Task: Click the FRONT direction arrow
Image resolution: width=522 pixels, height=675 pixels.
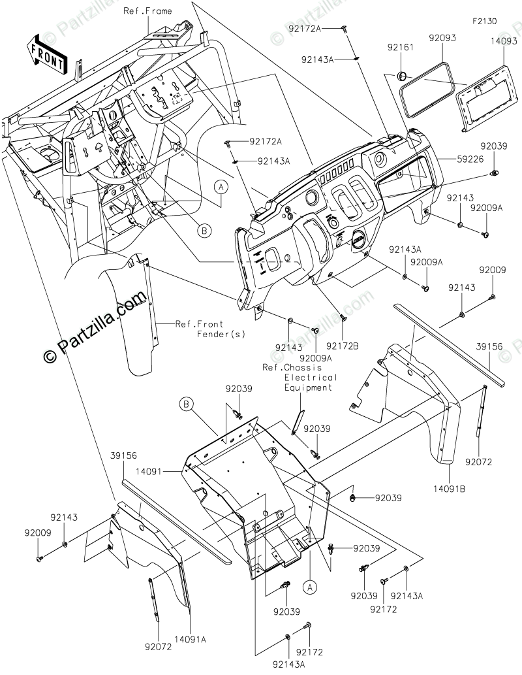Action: click(47, 54)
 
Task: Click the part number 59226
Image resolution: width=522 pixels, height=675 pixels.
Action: click(469, 159)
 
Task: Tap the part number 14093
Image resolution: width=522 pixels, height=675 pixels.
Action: click(504, 41)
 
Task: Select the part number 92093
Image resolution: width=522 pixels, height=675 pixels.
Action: click(442, 38)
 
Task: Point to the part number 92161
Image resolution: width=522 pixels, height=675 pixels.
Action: click(400, 47)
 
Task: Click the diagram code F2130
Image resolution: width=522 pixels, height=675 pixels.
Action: click(485, 21)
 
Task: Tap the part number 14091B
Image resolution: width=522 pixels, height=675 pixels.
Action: click(449, 489)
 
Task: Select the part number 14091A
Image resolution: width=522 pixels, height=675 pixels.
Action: click(190, 640)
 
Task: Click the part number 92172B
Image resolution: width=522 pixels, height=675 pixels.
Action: click(343, 346)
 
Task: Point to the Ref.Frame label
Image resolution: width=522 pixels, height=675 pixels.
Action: click(147, 10)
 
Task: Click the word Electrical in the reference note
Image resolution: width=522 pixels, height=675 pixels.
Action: click(311, 378)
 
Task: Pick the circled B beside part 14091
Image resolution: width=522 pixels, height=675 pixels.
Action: click(186, 404)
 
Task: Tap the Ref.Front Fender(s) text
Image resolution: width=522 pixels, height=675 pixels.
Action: click(210, 329)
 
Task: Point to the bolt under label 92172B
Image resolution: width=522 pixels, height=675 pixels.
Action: click(343, 318)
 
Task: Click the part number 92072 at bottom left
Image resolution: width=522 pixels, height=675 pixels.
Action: click(159, 647)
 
